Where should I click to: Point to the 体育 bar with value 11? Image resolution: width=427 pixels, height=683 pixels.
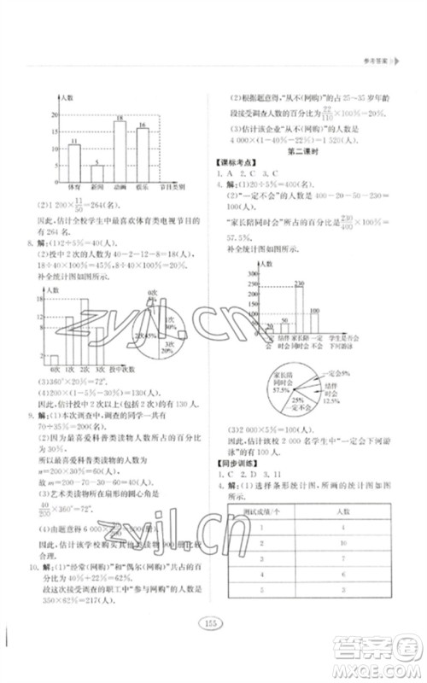75,161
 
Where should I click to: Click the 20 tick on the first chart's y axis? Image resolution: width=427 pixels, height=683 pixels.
56,115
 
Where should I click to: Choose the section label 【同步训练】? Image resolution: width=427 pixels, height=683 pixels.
233,462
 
